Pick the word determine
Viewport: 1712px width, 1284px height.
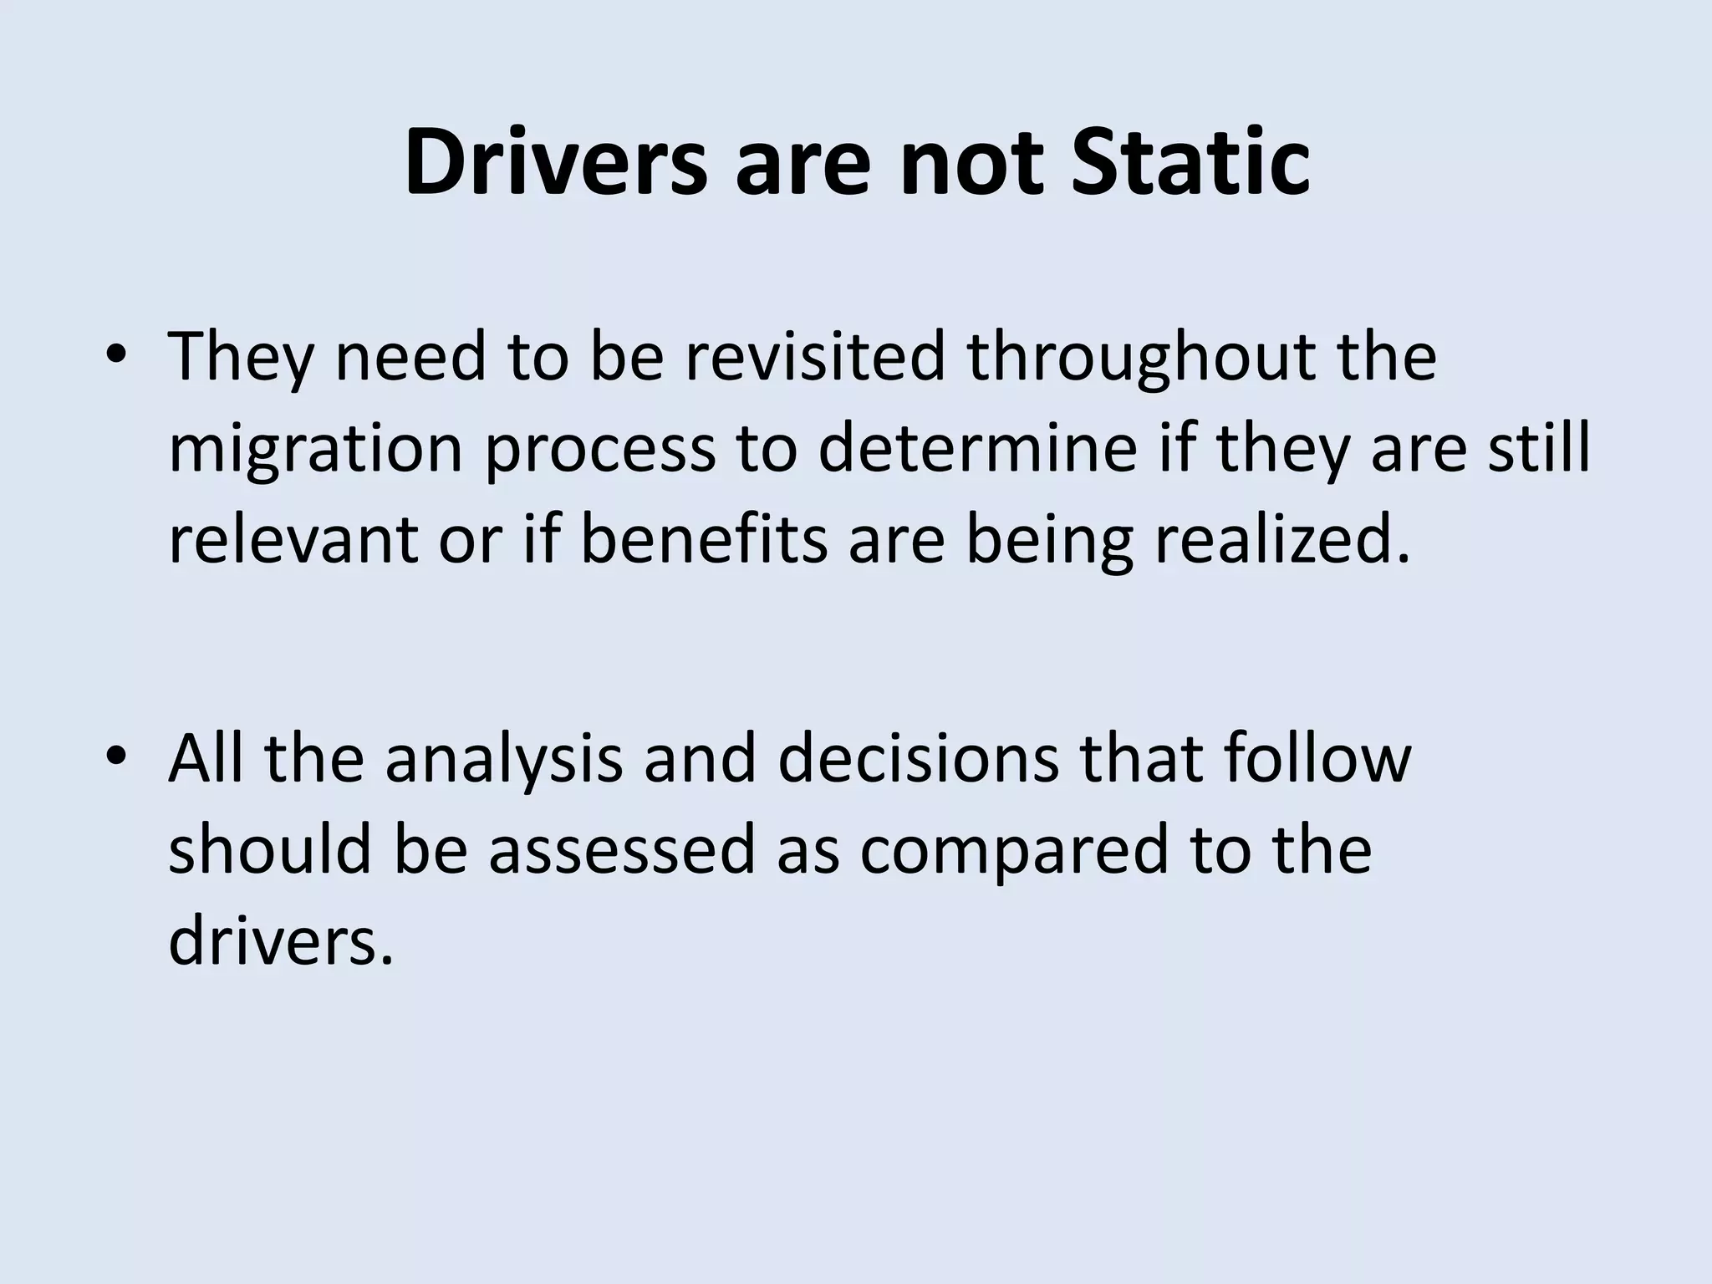(x=977, y=448)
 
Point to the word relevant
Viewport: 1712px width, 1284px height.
(x=293, y=539)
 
